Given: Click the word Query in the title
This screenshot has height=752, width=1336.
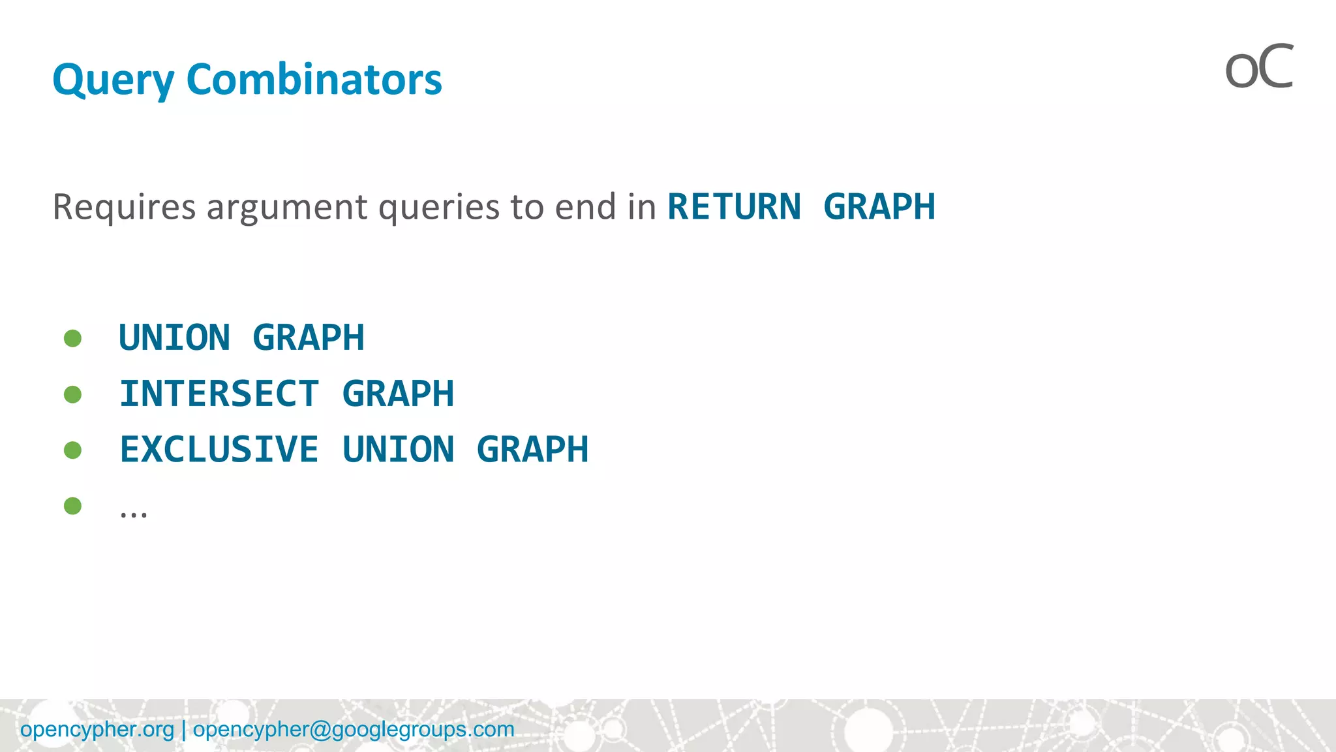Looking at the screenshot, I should tap(113, 80).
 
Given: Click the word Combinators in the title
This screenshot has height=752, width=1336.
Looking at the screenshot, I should tap(314, 80).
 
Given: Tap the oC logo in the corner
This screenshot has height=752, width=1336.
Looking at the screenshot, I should tap(1259, 67).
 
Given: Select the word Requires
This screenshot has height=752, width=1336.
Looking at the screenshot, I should tap(124, 207).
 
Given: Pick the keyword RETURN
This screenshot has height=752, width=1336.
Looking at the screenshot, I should tap(734, 207).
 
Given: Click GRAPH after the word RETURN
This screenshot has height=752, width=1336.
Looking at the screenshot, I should tap(879, 207).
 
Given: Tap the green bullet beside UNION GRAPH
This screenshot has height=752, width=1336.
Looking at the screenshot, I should tap(73, 338).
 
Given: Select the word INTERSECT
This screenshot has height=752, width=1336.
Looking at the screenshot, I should tap(219, 394).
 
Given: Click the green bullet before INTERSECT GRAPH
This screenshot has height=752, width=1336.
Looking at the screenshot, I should tap(73, 394).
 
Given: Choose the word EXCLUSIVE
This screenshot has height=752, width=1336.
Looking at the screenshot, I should tap(219, 450).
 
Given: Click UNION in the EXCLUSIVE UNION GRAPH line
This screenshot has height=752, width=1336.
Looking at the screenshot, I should tap(398, 450).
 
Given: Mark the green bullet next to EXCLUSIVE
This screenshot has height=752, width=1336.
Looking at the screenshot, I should tap(73, 450).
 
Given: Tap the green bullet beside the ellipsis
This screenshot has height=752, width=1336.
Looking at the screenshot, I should tap(73, 506).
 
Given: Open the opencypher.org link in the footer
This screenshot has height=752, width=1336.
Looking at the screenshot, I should tap(97, 729).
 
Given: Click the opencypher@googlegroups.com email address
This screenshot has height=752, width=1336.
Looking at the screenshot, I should tap(354, 729).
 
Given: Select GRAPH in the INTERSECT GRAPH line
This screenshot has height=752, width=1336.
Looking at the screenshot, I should tap(398, 394).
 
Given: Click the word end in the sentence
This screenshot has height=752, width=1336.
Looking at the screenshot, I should tap(586, 207).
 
